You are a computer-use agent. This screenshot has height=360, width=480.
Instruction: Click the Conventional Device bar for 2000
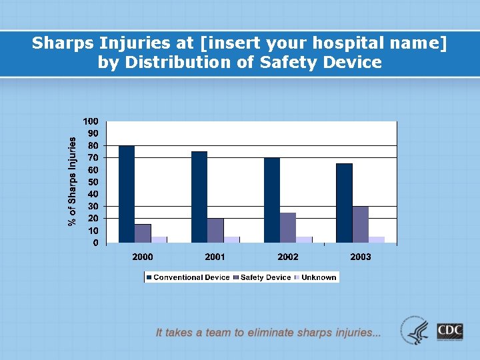click(127, 194)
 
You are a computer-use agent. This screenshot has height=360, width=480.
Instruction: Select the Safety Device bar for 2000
click(143, 233)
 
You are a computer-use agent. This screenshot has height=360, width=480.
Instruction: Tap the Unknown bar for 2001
click(231, 239)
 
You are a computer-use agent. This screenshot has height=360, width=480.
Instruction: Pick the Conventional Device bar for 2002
click(272, 200)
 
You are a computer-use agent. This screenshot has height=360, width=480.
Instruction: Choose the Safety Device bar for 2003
click(361, 224)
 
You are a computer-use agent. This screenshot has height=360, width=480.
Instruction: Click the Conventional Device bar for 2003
click(344, 203)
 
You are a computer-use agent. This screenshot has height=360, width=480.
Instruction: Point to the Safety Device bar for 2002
click(288, 227)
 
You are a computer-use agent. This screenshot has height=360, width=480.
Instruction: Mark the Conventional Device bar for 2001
click(199, 197)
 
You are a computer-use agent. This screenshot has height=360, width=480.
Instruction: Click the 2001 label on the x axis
click(215, 257)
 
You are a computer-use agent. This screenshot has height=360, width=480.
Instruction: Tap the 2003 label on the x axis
click(361, 257)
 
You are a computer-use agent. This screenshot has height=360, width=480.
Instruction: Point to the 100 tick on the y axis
click(91, 121)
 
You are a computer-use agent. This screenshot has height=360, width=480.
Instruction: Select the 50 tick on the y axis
click(93, 182)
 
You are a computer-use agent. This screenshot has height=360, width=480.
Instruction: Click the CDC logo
click(450, 331)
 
